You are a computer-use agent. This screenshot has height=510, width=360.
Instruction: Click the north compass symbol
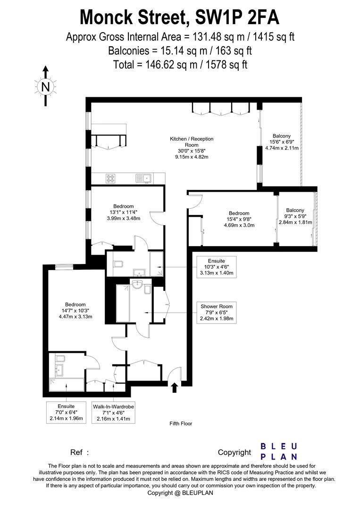[x=45, y=86]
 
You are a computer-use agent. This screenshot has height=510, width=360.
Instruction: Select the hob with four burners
[x=111, y=178]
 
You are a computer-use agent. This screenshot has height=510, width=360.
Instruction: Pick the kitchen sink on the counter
[x=142, y=178]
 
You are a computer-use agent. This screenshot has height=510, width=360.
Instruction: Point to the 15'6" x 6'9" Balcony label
[x=280, y=142]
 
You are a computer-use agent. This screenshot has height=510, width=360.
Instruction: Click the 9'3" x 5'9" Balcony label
[x=295, y=216]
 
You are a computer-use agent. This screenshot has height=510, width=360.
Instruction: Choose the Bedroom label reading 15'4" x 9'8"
[x=239, y=219]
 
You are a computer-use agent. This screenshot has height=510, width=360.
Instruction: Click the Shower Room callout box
[x=216, y=313]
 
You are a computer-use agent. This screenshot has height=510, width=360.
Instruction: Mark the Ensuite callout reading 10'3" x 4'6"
[x=216, y=267]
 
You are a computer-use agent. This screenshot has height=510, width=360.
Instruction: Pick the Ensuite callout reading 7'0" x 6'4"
[x=66, y=412]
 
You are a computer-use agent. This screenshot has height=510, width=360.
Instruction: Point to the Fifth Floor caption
[x=181, y=424]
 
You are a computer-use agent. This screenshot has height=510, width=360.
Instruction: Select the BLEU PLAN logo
[x=279, y=451]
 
